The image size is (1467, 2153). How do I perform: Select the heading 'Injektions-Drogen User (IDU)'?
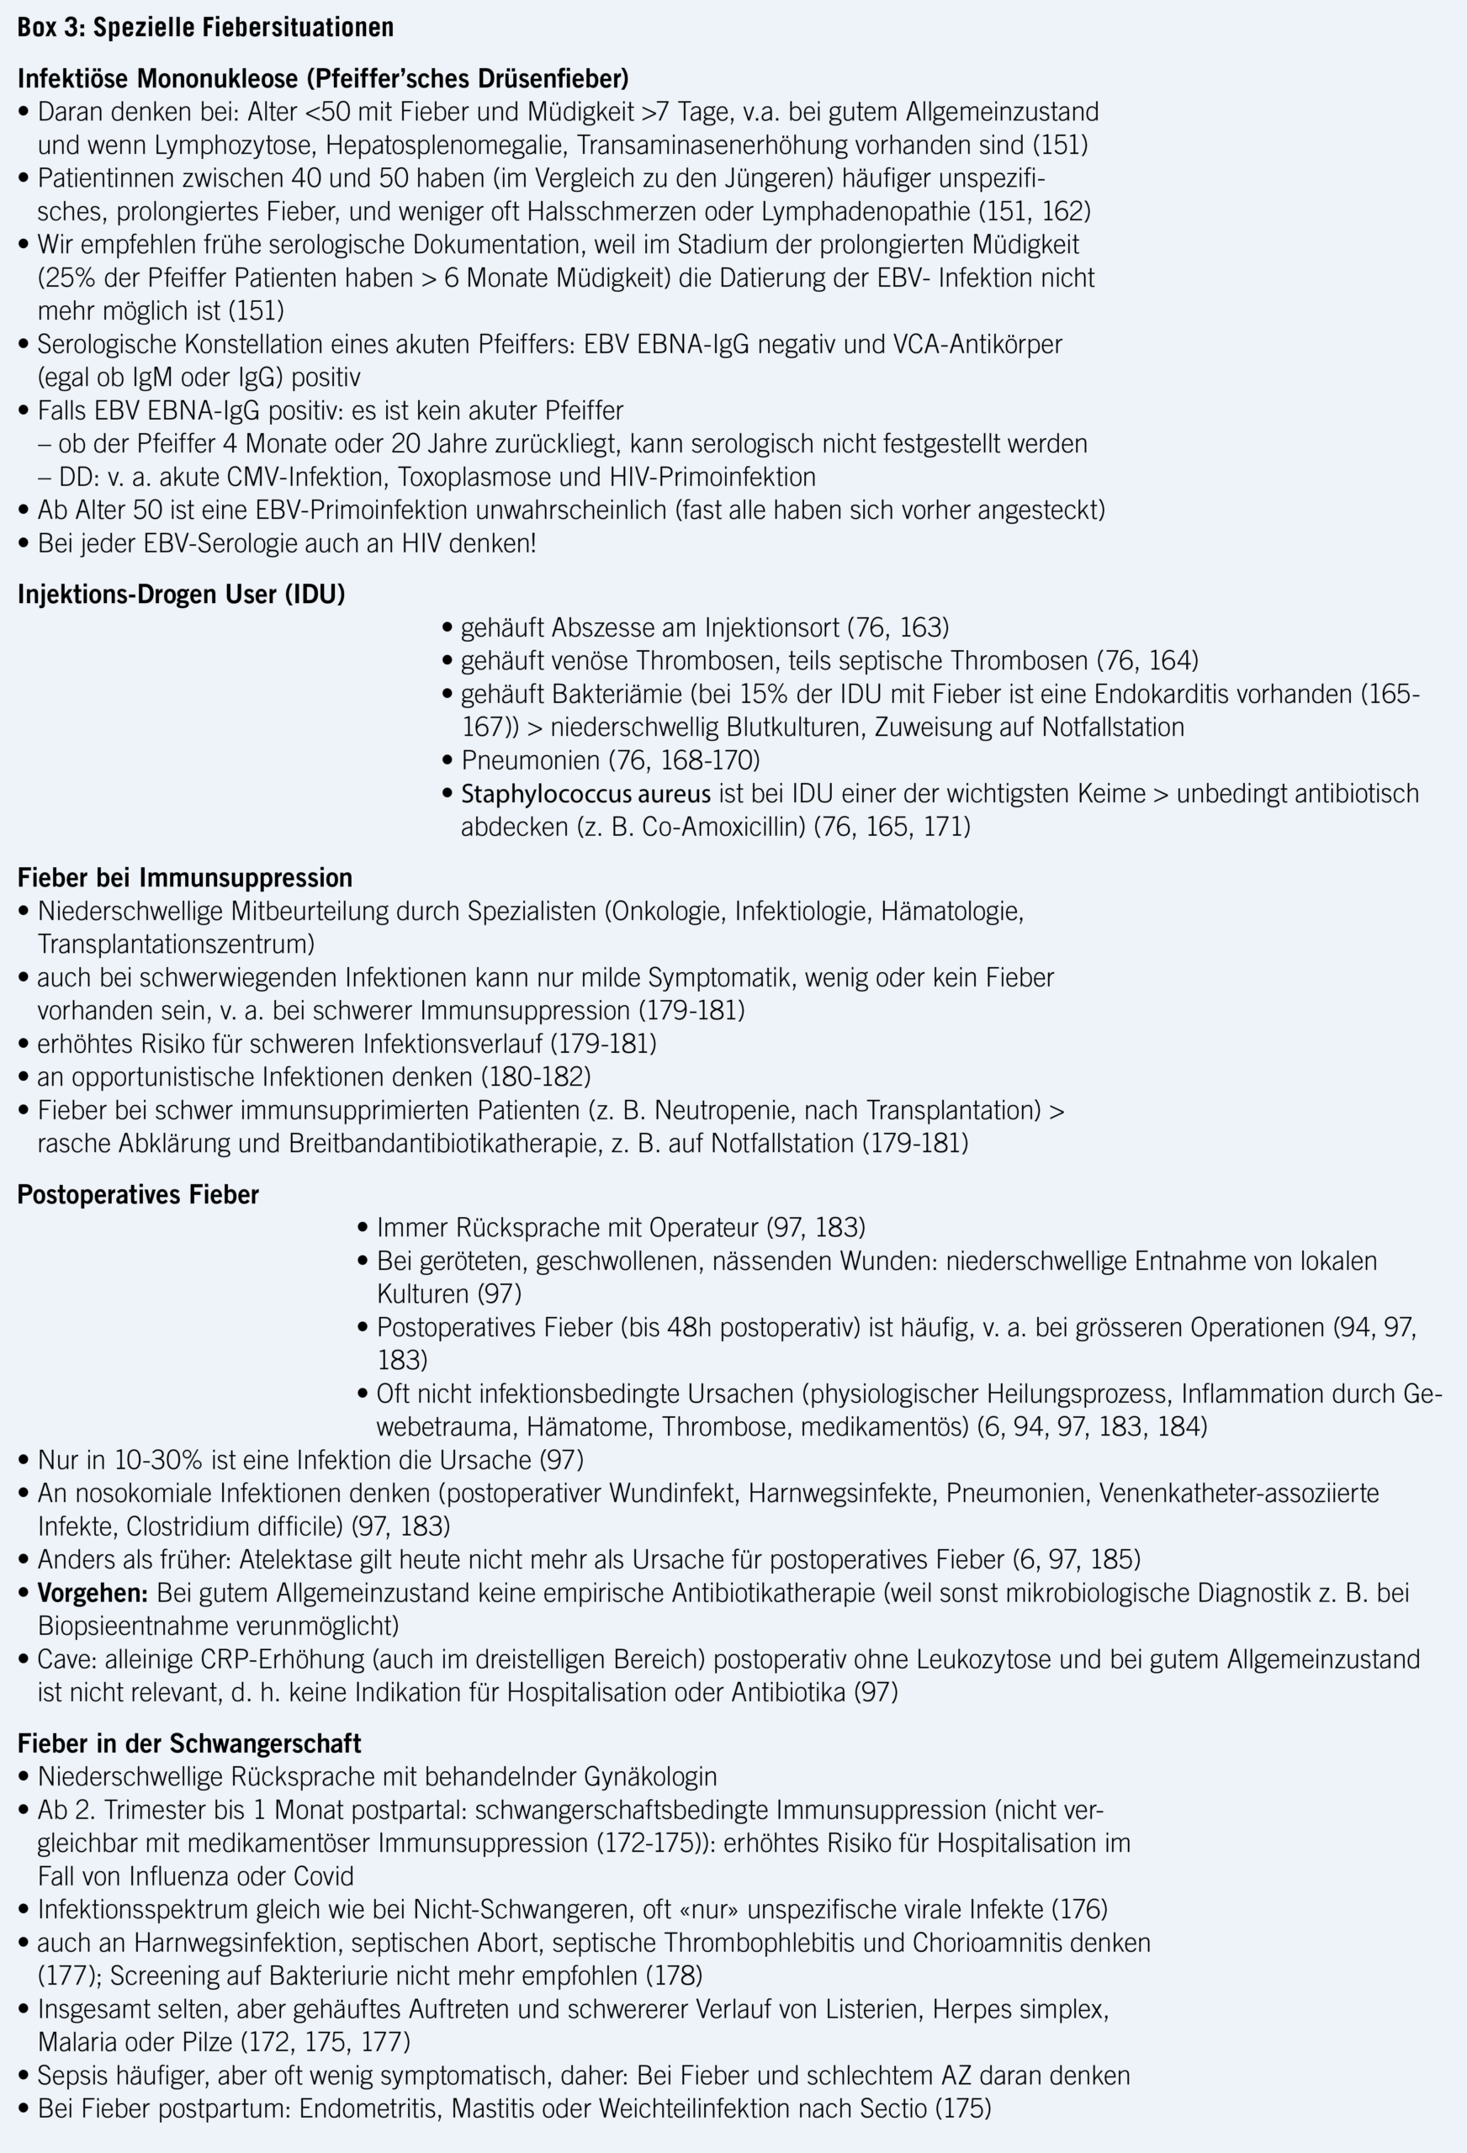[181, 595]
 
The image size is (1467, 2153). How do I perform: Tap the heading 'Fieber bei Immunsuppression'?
[184, 877]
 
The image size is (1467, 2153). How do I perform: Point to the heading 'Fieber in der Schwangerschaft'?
[189, 1743]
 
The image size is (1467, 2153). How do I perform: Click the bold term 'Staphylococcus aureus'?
[585, 794]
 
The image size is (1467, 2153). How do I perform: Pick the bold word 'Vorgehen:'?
[93, 1593]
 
